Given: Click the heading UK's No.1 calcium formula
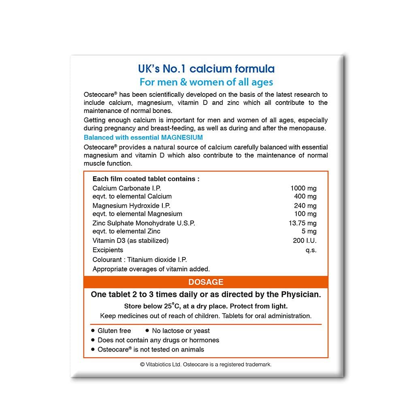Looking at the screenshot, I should pyautogui.click(x=206, y=68).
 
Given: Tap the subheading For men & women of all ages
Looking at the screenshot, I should pyautogui.click(x=206, y=82).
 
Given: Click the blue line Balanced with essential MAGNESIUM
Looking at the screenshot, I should pyautogui.click(x=143, y=138).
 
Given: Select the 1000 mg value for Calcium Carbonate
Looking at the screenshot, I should pyautogui.click(x=303, y=188).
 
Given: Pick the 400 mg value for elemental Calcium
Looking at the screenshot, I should pyautogui.click(x=306, y=196).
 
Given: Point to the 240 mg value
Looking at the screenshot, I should pyautogui.click(x=306, y=205).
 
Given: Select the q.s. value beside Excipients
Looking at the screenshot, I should pyautogui.click(x=311, y=250).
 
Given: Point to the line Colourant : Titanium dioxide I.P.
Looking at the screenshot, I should pyautogui.click(x=140, y=260).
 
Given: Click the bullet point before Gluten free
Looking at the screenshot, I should pyautogui.click(x=94, y=330).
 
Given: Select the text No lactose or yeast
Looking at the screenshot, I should pyautogui.click(x=181, y=331).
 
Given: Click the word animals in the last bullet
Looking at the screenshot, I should pyautogui.click(x=191, y=349).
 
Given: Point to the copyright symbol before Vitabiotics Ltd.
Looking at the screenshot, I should pyautogui.click(x=142, y=364).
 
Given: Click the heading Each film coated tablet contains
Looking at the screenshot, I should pyautogui.click(x=146, y=179).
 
